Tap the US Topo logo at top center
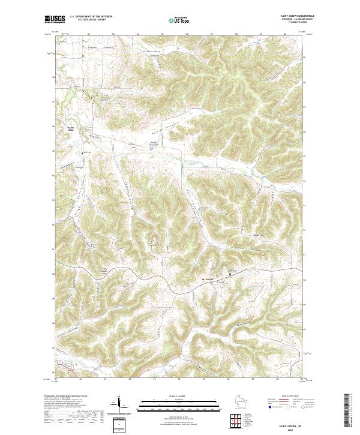179,20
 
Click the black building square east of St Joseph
228,275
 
